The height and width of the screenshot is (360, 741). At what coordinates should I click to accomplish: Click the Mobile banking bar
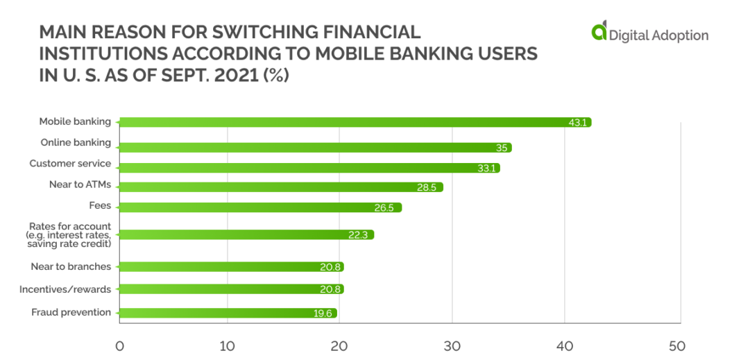coord(354,122)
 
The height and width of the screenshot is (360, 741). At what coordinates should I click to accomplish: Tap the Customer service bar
coord(309,168)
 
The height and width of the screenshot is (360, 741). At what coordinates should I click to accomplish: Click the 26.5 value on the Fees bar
coord(384,207)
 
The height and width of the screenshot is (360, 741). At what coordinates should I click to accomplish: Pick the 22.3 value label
coord(357,235)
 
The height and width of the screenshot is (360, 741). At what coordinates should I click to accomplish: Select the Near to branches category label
coord(71,266)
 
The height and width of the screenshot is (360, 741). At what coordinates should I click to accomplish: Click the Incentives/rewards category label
coord(65,289)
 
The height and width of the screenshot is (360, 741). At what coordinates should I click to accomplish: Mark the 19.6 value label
coord(323,314)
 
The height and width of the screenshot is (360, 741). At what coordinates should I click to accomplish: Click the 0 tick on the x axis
coord(119,345)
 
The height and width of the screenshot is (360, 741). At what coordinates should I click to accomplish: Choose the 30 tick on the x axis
coord(452,345)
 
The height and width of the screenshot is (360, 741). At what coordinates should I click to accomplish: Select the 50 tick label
coord(676,345)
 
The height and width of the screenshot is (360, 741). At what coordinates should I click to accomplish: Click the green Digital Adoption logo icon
coord(599,31)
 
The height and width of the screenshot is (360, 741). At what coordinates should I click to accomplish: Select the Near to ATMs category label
coord(80,185)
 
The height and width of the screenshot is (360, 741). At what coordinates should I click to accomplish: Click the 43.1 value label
coord(578,123)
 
